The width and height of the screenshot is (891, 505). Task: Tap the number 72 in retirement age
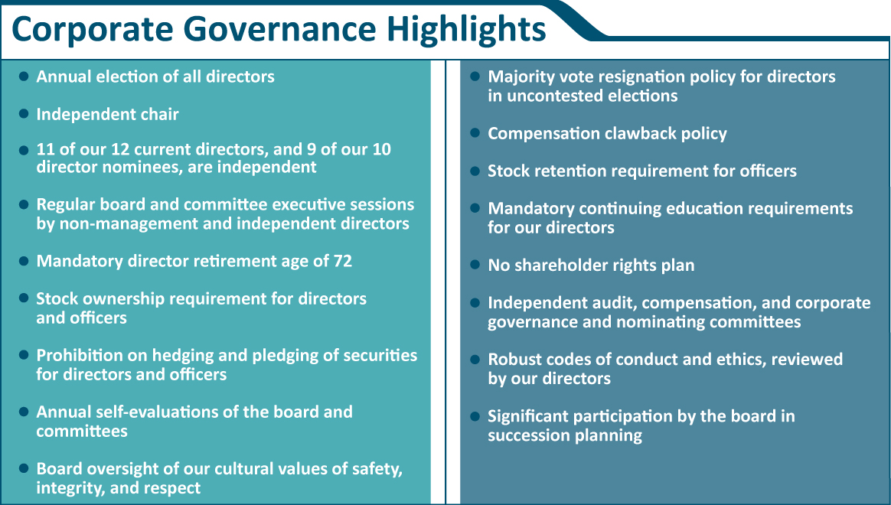point(342,261)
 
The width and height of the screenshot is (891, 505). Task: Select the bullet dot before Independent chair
point(24,114)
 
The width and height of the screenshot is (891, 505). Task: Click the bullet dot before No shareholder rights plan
point(475,265)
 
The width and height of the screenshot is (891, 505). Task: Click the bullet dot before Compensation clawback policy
point(475,133)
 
